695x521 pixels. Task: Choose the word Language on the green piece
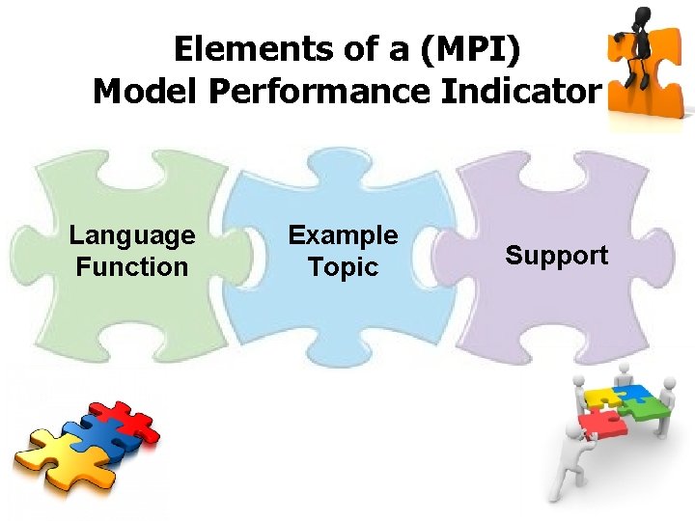[x=132, y=235]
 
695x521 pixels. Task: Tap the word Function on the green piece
[x=132, y=266]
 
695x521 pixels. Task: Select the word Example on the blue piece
[x=344, y=235]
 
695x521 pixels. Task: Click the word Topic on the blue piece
[x=344, y=266]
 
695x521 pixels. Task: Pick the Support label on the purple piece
[x=557, y=256]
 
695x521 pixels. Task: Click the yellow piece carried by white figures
[x=600, y=396]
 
